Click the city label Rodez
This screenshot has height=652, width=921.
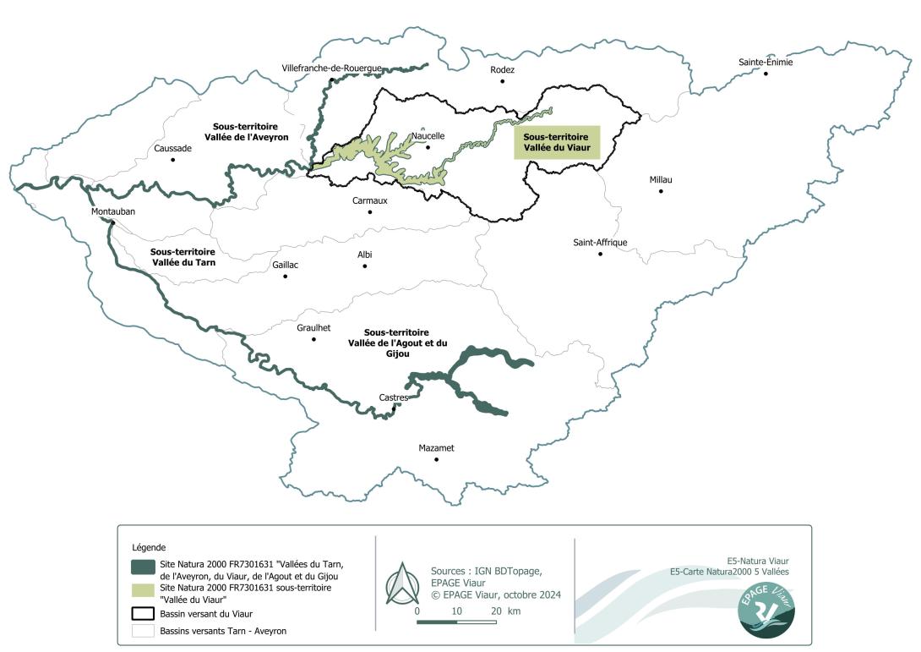pos(502,70)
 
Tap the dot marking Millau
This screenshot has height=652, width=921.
pos(661,191)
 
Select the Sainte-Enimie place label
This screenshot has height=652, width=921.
pos(766,62)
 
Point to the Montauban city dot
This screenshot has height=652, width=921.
pos(112,222)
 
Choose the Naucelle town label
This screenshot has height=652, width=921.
pos(428,135)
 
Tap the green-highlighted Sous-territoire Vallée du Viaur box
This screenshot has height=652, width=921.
pos(557,142)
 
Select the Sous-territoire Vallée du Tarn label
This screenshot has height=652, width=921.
pos(183,257)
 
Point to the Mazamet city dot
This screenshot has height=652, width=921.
pos(437,459)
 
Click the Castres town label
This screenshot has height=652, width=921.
pos(394,397)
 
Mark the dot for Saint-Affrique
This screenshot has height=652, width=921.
pos(600,254)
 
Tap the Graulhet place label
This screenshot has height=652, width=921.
pos(313,327)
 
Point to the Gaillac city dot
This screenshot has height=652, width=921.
pos(286,276)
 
